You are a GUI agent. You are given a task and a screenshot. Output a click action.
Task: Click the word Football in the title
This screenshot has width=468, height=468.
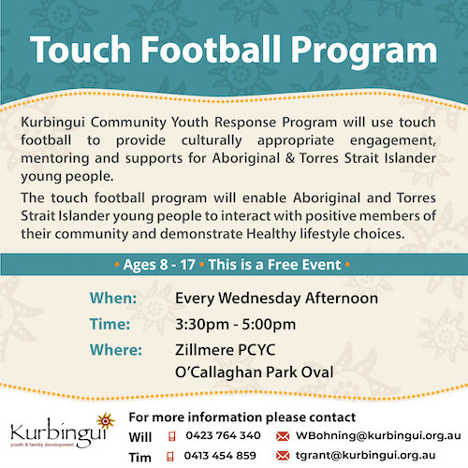click(212, 50)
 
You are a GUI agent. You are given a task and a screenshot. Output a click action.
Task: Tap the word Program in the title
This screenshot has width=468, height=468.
click(364, 51)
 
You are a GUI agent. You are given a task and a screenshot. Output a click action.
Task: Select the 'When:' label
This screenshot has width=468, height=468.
click(113, 298)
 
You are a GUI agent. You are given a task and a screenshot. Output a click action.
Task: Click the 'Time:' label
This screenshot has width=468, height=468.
click(110, 324)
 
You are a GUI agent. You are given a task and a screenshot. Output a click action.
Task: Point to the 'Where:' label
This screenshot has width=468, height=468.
click(116, 350)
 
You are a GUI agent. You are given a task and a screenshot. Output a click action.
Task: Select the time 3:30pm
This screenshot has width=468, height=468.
click(202, 325)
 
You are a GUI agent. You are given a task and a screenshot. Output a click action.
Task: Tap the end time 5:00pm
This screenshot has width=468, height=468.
click(269, 325)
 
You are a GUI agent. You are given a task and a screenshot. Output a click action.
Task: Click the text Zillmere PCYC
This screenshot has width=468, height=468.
click(226, 350)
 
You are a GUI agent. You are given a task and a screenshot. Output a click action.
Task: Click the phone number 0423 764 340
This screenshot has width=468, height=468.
click(223, 435)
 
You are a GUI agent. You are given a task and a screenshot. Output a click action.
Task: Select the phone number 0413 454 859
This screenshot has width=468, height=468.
click(220, 456)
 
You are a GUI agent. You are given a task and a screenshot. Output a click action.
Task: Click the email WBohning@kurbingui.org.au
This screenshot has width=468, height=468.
click(378, 435)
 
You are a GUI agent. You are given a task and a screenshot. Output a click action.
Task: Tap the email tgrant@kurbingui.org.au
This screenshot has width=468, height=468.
click(365, 456)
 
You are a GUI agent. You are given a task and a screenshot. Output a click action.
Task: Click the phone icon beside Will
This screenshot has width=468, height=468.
click(171, 436)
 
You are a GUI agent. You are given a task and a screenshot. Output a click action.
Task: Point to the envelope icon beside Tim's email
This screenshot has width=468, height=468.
click(283, 456)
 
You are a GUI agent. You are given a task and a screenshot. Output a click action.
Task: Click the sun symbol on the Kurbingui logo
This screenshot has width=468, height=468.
click(106, 421)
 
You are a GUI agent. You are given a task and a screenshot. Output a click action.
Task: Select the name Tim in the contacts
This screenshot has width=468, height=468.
click(140, 458)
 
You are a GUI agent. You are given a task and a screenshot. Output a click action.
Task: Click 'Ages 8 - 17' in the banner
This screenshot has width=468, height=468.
click(159, 265)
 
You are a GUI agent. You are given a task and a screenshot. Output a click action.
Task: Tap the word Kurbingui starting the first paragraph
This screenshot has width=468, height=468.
click(52, 123)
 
